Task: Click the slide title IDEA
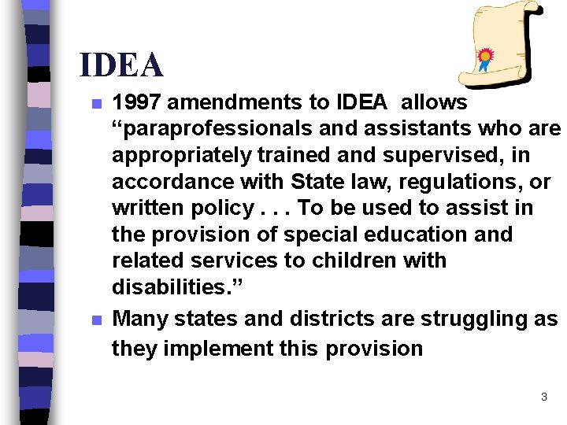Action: (x=121, y=65)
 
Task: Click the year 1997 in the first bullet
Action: (x=135, y=102)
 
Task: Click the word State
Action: (x=316, y=182)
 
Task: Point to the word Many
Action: (x=139, y=319)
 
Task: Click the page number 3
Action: (x=543, y=397)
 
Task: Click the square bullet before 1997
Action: (x=96, y=104)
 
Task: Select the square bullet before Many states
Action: (x=96, y=320)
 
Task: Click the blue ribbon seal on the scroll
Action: (x=486, y=58)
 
